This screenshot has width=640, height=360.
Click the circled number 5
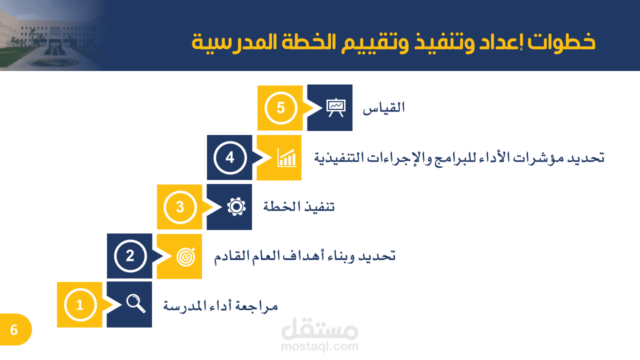280,108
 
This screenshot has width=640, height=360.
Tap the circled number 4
230,157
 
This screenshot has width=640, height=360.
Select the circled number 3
180,207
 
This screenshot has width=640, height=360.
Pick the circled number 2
130,256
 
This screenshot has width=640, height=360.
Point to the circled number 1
80,305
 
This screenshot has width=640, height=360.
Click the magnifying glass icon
135,304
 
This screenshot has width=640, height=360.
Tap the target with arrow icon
186,256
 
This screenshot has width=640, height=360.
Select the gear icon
236,206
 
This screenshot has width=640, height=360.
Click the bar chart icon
286,157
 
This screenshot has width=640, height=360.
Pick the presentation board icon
336,107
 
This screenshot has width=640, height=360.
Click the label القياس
383,108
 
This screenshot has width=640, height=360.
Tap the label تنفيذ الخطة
299,206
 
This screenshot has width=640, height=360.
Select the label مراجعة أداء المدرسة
220,305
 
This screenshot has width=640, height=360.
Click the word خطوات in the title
561,42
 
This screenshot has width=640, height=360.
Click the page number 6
14,330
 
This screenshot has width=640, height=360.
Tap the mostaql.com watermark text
319,346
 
